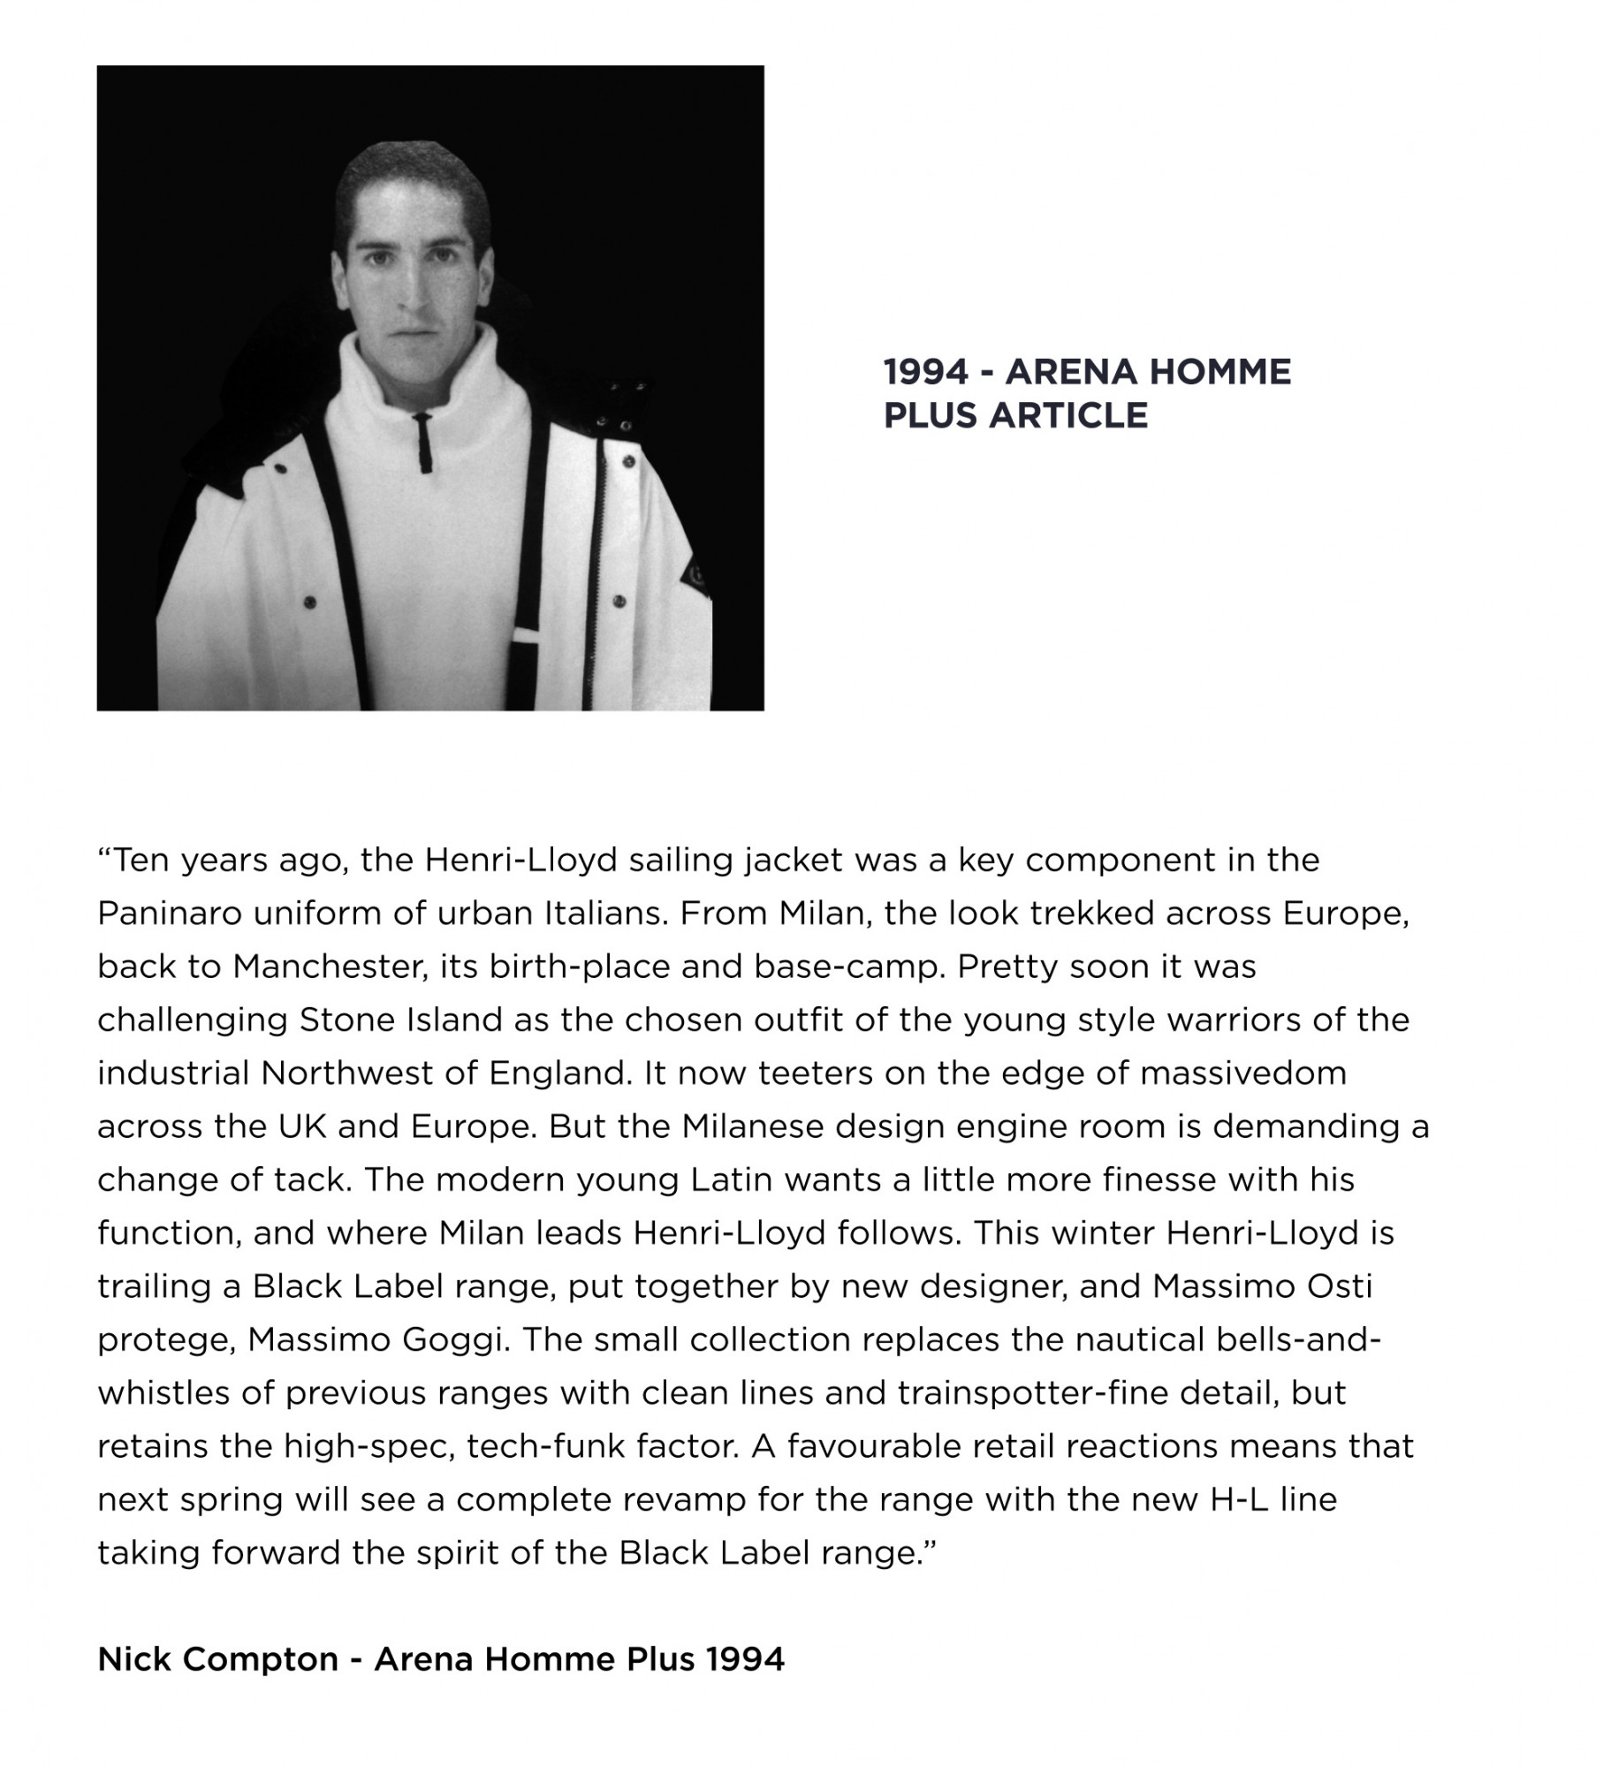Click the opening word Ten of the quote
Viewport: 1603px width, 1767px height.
[x=141, y=861]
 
